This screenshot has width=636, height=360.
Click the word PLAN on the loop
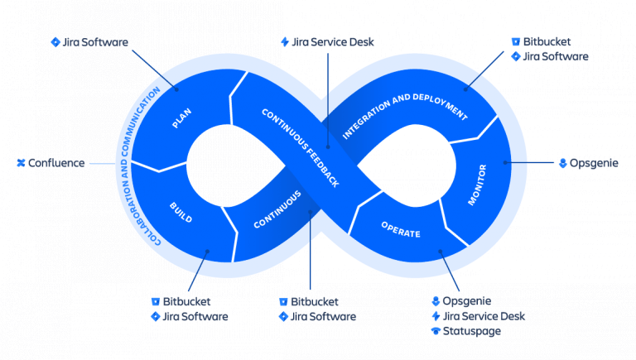(x=181, y=119)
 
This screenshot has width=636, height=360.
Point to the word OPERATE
(x=400, y=229)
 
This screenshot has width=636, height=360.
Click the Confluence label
(x=56, y=163)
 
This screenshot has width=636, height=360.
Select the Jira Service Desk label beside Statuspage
(x=484, y=316)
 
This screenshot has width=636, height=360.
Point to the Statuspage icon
(x=436, y=331)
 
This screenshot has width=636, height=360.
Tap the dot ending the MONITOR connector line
(x=507, y=163)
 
